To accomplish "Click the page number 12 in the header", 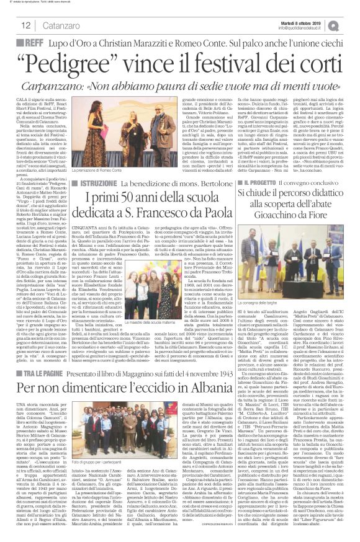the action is [11, 24].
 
